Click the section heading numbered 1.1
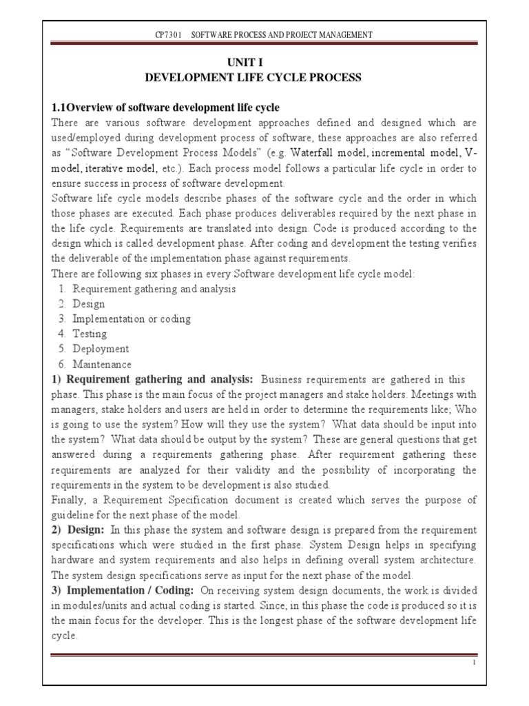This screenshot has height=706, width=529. [x=166, y=108]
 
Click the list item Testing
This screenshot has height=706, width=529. [x=90, y=334]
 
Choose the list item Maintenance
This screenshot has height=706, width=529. [x=102, y=365]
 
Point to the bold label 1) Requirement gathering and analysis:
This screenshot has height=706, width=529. [x=153, y=380]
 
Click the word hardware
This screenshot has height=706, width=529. [x=75, y=559]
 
